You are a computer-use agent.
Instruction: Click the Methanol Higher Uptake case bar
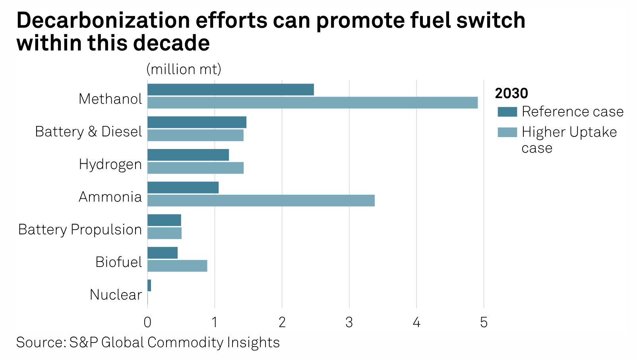(x=312, y=103)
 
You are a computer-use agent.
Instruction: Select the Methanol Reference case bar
(x=230, y=90)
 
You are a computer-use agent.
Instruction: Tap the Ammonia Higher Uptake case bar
(x=261, y=201)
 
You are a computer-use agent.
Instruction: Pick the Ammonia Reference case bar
(x=183, y=188)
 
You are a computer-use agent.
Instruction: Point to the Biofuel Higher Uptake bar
(x=177, y=266)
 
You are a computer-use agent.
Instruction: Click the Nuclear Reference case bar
(x=149, y=285)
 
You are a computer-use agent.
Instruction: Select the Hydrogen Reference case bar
(x=188, y=155)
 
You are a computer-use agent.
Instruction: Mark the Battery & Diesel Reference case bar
(x=197, y=122)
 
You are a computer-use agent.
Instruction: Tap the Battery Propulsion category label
(x=80, y=230)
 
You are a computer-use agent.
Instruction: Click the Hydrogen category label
(x=110, y=165)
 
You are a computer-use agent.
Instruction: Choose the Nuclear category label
(x=116, y=295)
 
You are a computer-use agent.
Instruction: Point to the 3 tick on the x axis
(x=349, y=322)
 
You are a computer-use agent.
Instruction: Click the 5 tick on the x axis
(x=483, y=322)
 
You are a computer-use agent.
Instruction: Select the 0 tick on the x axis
(x=147, y=322)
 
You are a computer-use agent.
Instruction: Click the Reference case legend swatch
(x=507, y=112)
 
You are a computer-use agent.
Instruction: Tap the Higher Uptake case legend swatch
(x=507, y=132)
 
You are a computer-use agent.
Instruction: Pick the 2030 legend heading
(x=511, y=93)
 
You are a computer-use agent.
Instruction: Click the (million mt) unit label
(x=184, y=70)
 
